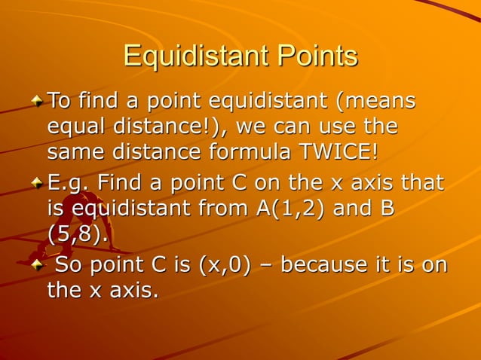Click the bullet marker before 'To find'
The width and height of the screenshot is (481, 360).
tap(38, 99)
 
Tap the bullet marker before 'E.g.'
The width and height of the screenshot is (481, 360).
tap(38, 182)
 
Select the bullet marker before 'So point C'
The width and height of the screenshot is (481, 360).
tap(38, 265)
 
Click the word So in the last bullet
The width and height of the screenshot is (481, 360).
tap(69, 265)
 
